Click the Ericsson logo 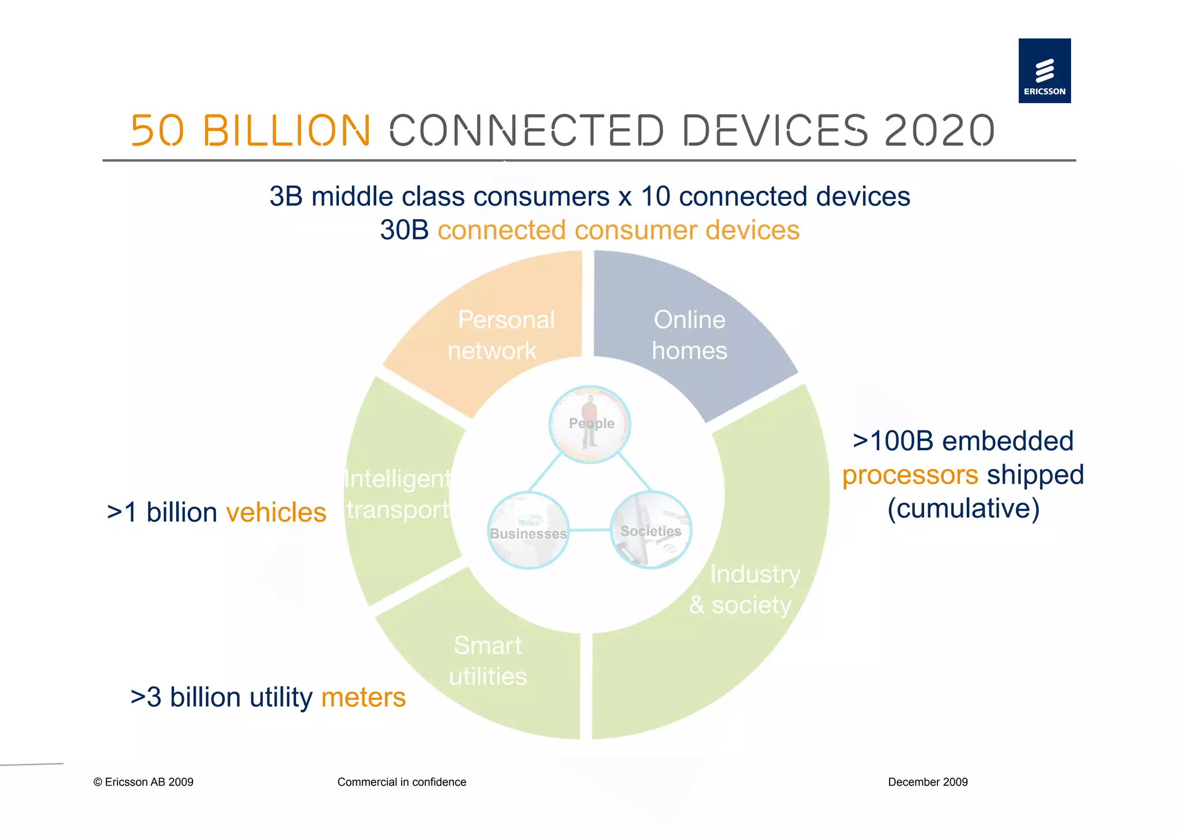[x=1044, y=71]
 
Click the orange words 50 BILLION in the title [x=251, y=130]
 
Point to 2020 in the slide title [x=939, y=130]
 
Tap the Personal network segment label [x=500, y=335]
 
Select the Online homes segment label [x=689, y=335]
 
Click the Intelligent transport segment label [x=398, y=494]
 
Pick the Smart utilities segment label [x=488, y=661]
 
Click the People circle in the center [x=590, y=424]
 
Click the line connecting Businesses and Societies [x=589, y=530]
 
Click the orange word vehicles [x=276, y=512]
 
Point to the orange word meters [x=363, y=697]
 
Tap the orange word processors [x=910, y=475]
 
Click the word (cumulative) [x=963, y=508]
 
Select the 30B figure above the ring [x=404, y=230]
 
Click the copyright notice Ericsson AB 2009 [x=143, y=782]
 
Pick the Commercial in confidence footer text [x=402, y=782]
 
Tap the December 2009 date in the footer [x=928, y=782]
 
